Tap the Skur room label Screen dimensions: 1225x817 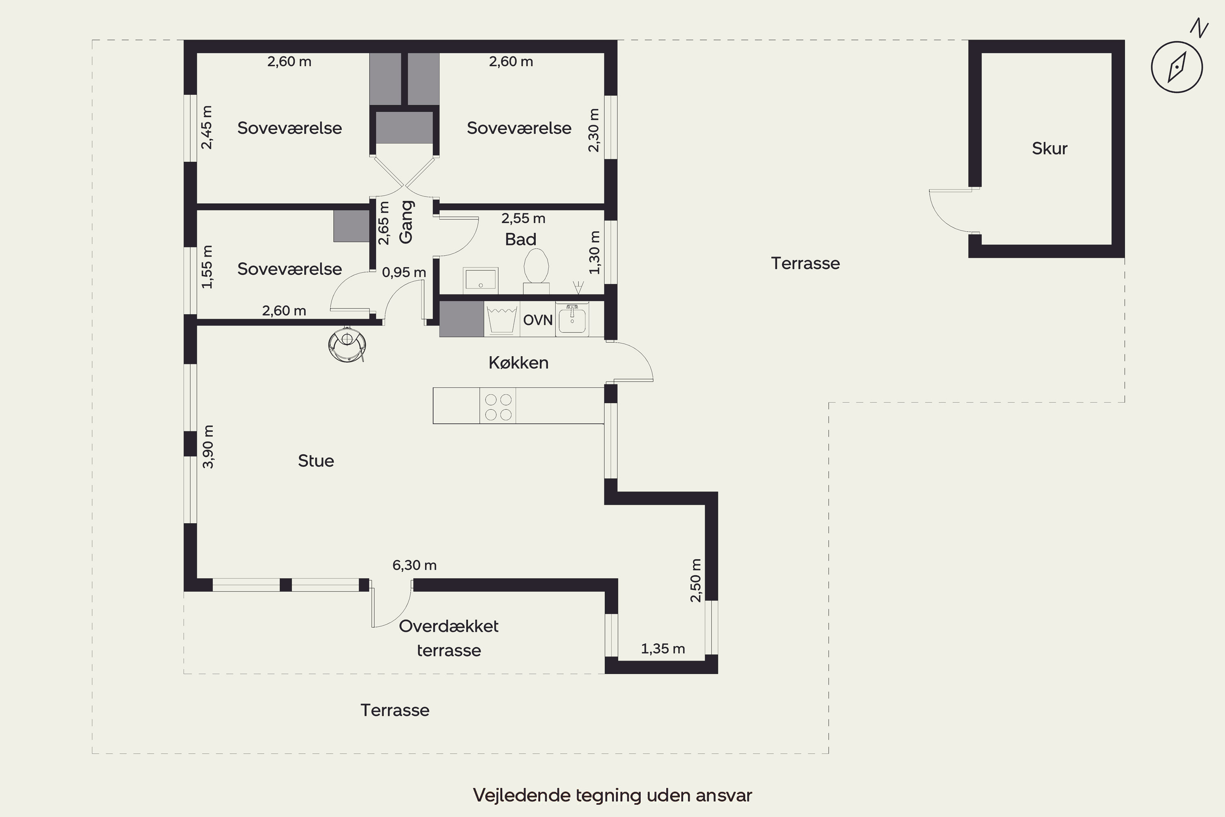[1049, 149]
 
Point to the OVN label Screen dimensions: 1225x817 [537, 320]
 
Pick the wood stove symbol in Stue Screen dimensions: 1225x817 [346, 344]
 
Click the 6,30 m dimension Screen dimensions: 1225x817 [414, 565]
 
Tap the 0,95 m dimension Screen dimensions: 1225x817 [404, 272]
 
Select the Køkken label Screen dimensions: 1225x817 [518, 363]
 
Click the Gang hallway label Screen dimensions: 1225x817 [406, 222]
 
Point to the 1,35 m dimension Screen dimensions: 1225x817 [662, 649]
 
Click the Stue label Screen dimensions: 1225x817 [316, 461]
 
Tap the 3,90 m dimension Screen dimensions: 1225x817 [208, 447]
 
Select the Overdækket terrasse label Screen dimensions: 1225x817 [448, 638]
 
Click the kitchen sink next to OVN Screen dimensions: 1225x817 [572, 319]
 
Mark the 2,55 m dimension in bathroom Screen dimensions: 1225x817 [523, 218]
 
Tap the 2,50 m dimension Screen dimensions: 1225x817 [696, 580]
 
